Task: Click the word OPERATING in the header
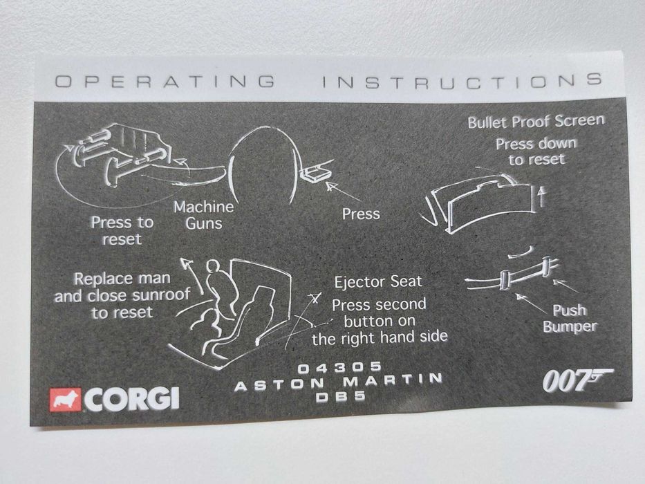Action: tap(165, 81)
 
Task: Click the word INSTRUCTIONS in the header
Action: tap(462, 81)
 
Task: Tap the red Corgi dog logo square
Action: tap(66, 400)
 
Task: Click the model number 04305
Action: tap(339, 367)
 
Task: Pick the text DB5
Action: tap(341, 396)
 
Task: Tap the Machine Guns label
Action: tap(204, 215)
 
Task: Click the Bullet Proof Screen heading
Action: tap(536, 122)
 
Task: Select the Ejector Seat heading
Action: tap(378, 282)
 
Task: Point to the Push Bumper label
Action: tap(570, 318)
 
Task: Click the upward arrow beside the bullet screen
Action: tap(542, 196)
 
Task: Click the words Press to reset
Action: tap(122, 230)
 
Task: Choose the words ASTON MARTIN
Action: tap(339, 382)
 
